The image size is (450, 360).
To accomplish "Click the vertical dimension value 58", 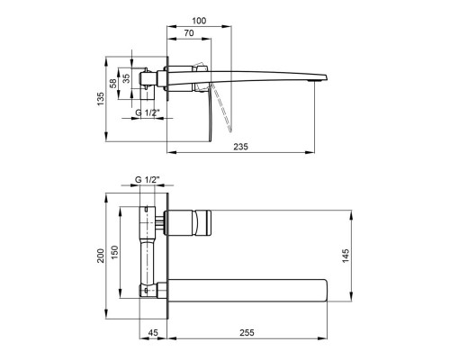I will point(114,83).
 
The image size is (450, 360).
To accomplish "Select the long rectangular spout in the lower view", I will point(252,290).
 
